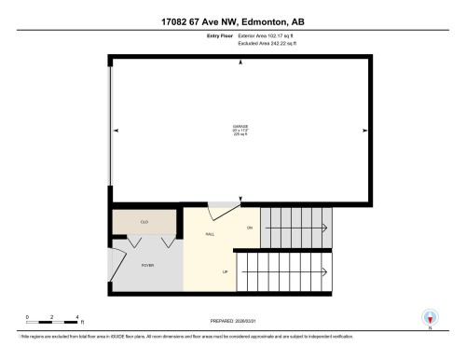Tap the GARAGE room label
point(241,128)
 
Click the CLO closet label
point(144,222)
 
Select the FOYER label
point(147,265)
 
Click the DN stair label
point(249,228)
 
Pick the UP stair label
point(225,272)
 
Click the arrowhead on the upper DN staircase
point(324,228)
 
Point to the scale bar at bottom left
point(52,322)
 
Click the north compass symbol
point(430,319)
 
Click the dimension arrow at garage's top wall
point(241,62)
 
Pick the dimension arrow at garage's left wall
point(116,130)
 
